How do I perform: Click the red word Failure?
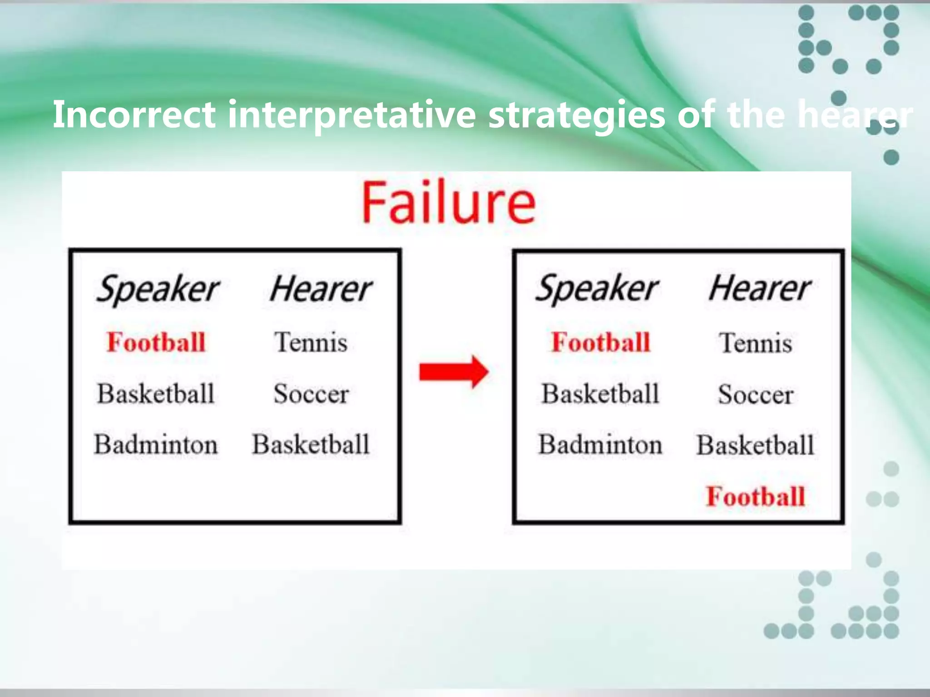(x=449, y=202)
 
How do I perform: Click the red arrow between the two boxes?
(x=453, y=372)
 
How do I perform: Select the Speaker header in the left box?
(x=157, y=289)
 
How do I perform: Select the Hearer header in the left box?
(x=321, y=289)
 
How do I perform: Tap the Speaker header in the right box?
(x=597, y=289)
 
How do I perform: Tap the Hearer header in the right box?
(x=760, y=289)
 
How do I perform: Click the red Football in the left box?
(x=156, y=342)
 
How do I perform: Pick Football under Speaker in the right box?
(x=600, y=342)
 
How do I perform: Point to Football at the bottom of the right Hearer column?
(x=755, y=496)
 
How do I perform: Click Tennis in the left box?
(x=311, y=342)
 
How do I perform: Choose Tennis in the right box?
(x=756, y=343)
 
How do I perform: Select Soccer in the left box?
(x=311, y=394)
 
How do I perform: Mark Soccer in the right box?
(x=756, y=394)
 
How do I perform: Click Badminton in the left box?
(x=156, y=444)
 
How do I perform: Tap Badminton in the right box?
(x=600, y=445)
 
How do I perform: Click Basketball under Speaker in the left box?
(x=156, y=393)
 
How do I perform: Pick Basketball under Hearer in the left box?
(x=311, y=444)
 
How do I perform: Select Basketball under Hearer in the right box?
(x=755, y=445)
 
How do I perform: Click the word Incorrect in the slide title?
(x=134, y=114)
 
